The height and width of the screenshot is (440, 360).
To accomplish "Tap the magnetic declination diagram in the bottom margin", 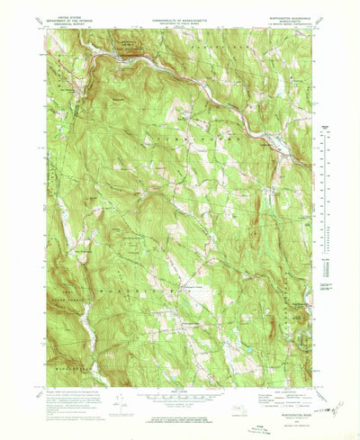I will (x=120, y=401).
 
